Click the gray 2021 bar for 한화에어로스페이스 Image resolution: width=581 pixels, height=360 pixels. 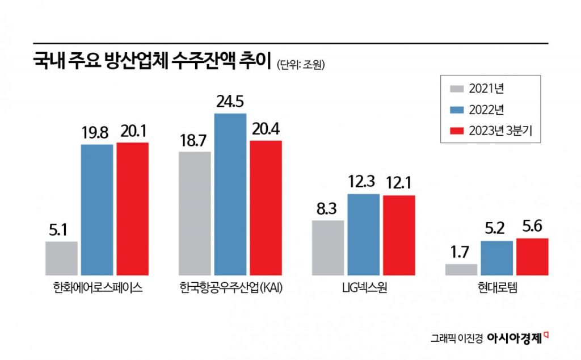coord(61,258)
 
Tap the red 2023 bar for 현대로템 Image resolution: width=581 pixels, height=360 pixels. coord(532,257)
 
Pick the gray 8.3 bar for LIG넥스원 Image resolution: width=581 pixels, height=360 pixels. coord(328,248)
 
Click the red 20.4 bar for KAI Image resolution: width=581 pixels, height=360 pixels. coord(266,207)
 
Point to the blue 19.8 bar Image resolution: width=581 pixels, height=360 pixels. coord(96,210)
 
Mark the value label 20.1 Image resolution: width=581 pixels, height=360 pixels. coord(133,132)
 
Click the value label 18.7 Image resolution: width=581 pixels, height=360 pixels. coord(194,141)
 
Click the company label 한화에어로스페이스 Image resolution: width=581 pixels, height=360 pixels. coord(96,288)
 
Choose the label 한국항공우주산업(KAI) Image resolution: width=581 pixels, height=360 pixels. coord(230,288)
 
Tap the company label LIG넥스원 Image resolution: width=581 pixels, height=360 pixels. coord(363,288)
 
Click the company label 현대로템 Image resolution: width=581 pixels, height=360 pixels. coord(496,288)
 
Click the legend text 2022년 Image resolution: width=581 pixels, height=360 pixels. coord(486,110)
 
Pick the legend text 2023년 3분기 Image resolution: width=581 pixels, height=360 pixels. coord(500,131)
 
